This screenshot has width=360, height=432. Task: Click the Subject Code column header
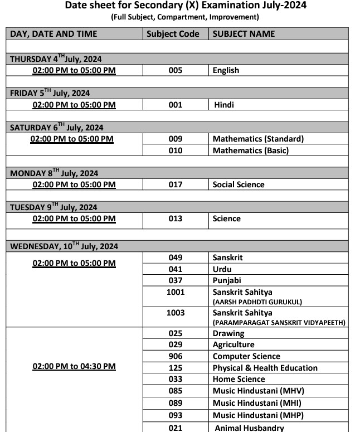tap(172, 33)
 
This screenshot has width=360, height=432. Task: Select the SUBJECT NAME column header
tap(244, 33)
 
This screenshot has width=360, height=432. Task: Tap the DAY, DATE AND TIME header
tap(53, 33)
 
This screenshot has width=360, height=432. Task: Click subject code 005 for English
tap(175, 70)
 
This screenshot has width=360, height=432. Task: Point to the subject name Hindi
tap(224, 104)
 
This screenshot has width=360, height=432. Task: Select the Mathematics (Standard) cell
tap(258, 139)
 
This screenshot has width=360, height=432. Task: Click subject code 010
tap(175, 151)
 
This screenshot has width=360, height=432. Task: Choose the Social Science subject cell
tap(239, 185)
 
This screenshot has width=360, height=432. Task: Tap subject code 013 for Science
tap(175, 219)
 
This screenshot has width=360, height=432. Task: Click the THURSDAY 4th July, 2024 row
tap(56, 59)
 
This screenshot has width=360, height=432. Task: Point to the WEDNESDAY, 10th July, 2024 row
tap(64, 246)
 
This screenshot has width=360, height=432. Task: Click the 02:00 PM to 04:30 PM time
tap(74, 366)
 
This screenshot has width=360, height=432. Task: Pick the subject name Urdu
tap(222, 269)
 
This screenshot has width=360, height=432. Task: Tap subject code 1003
tap(175, 313)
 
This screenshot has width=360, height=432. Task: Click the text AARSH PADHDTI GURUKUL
tap(257, 302)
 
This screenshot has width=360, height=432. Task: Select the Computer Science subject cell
tap(246, 356)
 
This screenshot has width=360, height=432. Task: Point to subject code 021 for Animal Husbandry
tap(175, 428)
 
